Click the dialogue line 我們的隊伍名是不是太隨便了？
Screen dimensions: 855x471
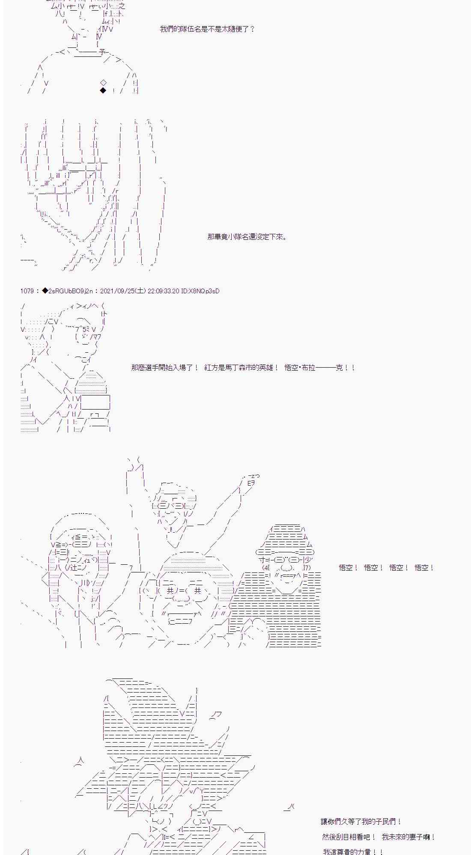tap(207, 29)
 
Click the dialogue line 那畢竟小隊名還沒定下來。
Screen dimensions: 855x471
tap(247, 236)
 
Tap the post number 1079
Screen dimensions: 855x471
tap(27, 291)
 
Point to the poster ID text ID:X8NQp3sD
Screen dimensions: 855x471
tap(200, 291)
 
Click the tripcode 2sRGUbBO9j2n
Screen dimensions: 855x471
tap(71, 291)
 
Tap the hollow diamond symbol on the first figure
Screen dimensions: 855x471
tap(103, 83)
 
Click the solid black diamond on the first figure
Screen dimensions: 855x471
tap(103, 90)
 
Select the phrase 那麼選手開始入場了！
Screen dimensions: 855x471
tap(165, 368)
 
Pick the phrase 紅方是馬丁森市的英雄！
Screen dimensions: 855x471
tap(241, 368)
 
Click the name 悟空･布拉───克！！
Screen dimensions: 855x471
tap(320, 368)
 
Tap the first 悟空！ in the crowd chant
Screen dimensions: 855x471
tap(348, 568)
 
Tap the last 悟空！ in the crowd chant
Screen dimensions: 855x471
tap(424, 568)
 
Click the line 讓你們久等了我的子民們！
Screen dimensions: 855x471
tap(361, 822)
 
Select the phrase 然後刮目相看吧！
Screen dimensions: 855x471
tap(349, 837)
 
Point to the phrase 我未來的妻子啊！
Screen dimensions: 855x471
tap(408, 837)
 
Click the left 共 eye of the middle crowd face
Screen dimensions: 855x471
tap(170, 590)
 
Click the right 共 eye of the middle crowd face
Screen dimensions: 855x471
tap(197, 590)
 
